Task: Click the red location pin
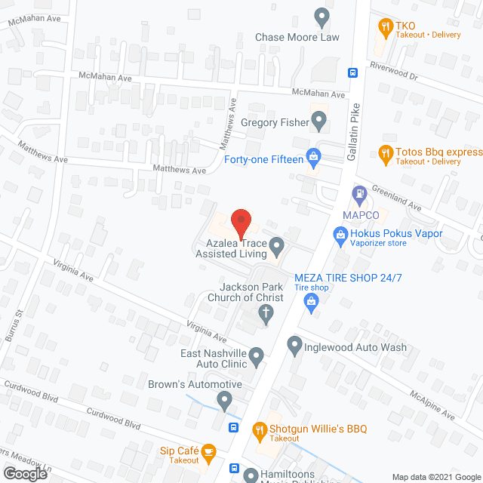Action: (x=240, y=220)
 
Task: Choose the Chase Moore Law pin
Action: (x=323, y=16)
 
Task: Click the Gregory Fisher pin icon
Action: (x=319, y=118)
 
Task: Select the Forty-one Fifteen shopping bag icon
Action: (x=314, y=158)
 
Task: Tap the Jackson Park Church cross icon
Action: (x=265, y=316)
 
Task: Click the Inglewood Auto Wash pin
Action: (x=295, y=346)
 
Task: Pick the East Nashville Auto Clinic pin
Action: (x=257, y=355)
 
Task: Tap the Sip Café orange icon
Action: (x=209, y=452)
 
